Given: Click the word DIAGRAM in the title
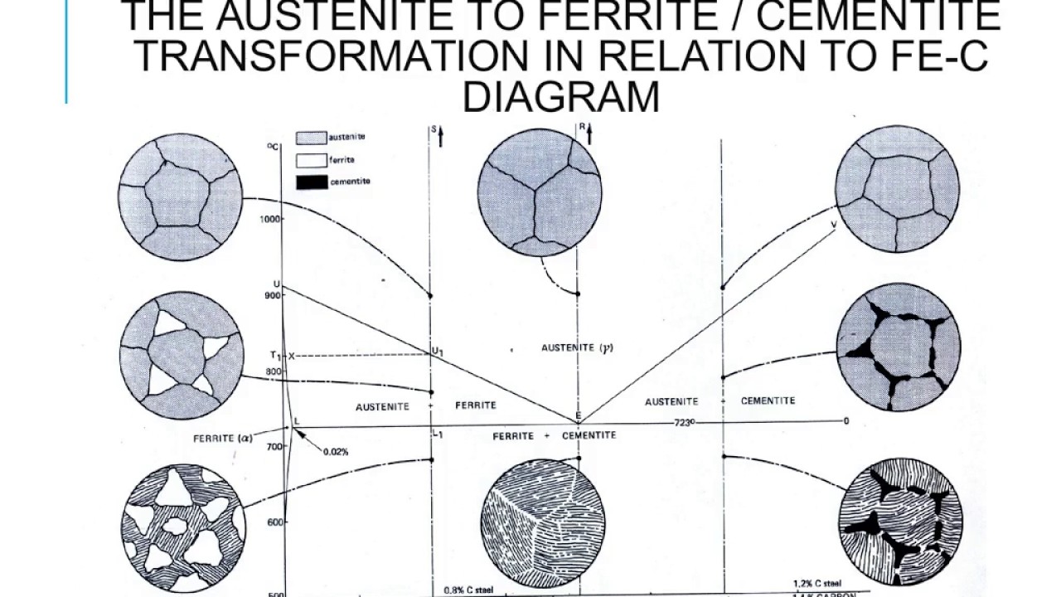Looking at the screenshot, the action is click(560, 96).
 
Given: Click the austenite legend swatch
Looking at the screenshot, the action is click(312, 138).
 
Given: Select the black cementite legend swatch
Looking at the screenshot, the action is click(312, 182).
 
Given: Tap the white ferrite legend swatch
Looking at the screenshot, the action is click(312, 160).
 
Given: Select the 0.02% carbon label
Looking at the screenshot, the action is click(335, 452).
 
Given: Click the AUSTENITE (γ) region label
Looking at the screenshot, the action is click(578, 348).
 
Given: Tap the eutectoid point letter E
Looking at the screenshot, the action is click(579, 416).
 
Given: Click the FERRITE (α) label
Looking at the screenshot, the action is click(221, 437).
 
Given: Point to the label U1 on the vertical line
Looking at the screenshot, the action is click(437, 351).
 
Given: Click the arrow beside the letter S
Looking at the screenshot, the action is click(440, 136).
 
